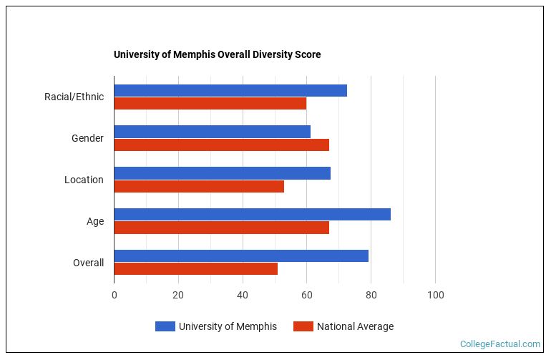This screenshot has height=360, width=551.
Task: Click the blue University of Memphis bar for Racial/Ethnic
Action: [230, 90]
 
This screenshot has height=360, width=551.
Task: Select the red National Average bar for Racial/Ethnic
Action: [210, 103]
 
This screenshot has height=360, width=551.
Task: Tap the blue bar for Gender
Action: [212, 132]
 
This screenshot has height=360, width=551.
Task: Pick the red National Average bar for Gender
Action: [221, 145]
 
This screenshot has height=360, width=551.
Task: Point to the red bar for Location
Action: [199, 186]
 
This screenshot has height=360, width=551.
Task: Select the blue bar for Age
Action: [252, 215]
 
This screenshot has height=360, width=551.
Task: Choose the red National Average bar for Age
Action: [221, 228]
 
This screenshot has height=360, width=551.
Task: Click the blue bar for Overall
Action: [241, 256]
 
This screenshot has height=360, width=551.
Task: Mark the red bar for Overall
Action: [195, 269]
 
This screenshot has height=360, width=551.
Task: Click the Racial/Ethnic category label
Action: [74, 97]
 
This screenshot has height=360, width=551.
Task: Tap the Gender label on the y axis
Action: [87, 138]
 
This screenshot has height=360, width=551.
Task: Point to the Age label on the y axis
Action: [95, 221]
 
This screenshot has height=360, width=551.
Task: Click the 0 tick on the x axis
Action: [114, 295]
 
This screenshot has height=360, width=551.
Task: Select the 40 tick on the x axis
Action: [243, 295]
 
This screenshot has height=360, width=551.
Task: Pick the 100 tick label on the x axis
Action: [435, 295]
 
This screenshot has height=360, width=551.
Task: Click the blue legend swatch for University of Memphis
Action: [165, 326]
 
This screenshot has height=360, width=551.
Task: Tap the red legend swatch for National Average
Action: [303, 326]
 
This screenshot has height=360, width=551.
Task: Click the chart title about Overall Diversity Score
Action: [217, 54]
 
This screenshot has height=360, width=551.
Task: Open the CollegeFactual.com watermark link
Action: [500, 344]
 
